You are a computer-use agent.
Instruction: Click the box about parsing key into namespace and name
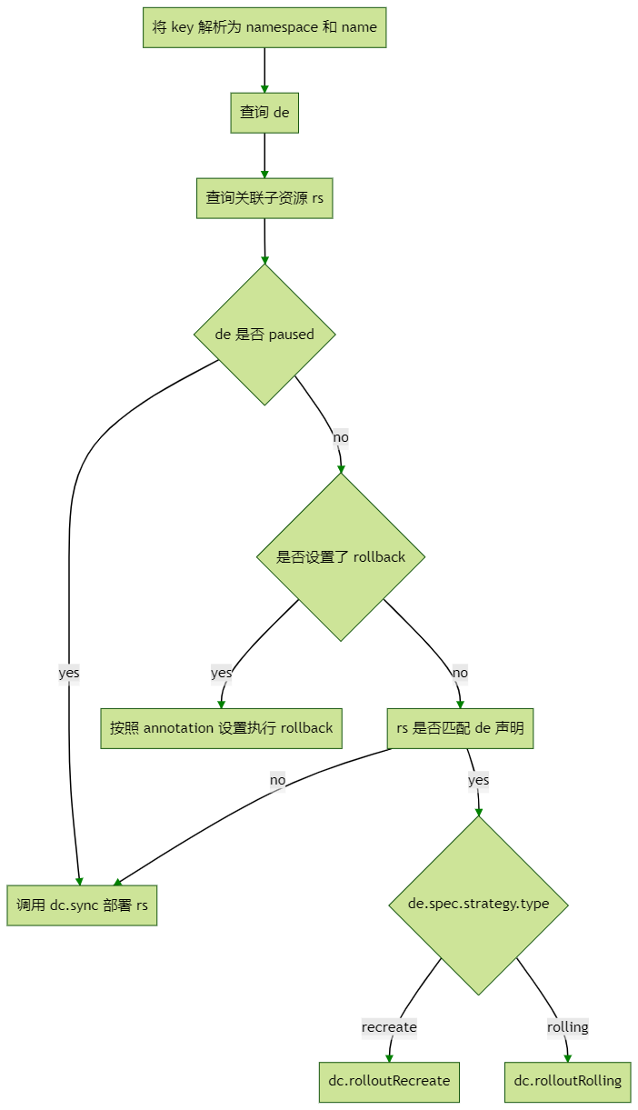tap(264, 27)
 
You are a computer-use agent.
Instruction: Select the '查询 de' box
tap(264, 113)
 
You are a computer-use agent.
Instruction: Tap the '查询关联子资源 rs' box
tap(264, 198)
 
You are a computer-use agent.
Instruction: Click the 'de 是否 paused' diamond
tap(264, 335)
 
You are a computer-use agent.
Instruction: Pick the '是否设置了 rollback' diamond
tap(341, 556)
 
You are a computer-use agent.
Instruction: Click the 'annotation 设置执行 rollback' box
tap(221, 728)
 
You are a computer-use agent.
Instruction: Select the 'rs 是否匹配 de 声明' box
tap(460, 728)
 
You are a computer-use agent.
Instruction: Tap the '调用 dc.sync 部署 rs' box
tap(82, 905)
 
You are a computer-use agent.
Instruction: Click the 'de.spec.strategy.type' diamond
tap(478, 905)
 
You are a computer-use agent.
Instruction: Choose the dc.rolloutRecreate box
tap(389, 1081)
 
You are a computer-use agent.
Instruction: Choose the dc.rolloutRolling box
tap(568, 1081)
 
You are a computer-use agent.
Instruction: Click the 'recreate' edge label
tap(389, 1027)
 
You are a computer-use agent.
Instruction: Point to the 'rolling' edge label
tap(568, 1027)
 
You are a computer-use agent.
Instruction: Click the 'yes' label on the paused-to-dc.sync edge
tap(69, 673)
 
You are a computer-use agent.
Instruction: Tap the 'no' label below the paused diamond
tap(341, 437)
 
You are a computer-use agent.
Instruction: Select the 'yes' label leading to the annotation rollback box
tap(221, 673)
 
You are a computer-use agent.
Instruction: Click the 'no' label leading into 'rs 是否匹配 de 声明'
tap(460, 673)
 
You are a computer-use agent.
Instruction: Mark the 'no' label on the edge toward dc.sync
tap(277, 780)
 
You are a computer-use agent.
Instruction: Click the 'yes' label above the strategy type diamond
tap(478, 780)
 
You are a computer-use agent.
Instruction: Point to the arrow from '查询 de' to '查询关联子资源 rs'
tap(264, 156)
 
